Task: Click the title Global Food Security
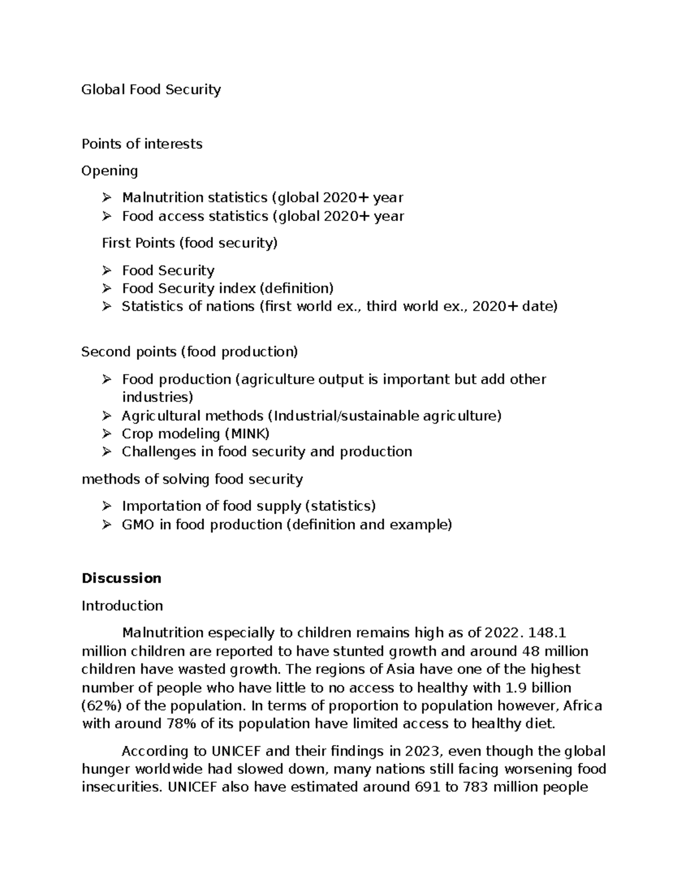151,90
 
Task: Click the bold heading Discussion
121,578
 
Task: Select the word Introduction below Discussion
122,605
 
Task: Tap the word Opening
109,171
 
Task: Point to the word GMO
137,524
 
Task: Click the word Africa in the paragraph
582,706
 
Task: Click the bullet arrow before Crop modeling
106,434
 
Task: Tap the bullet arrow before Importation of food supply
106,506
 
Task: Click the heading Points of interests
141,144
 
